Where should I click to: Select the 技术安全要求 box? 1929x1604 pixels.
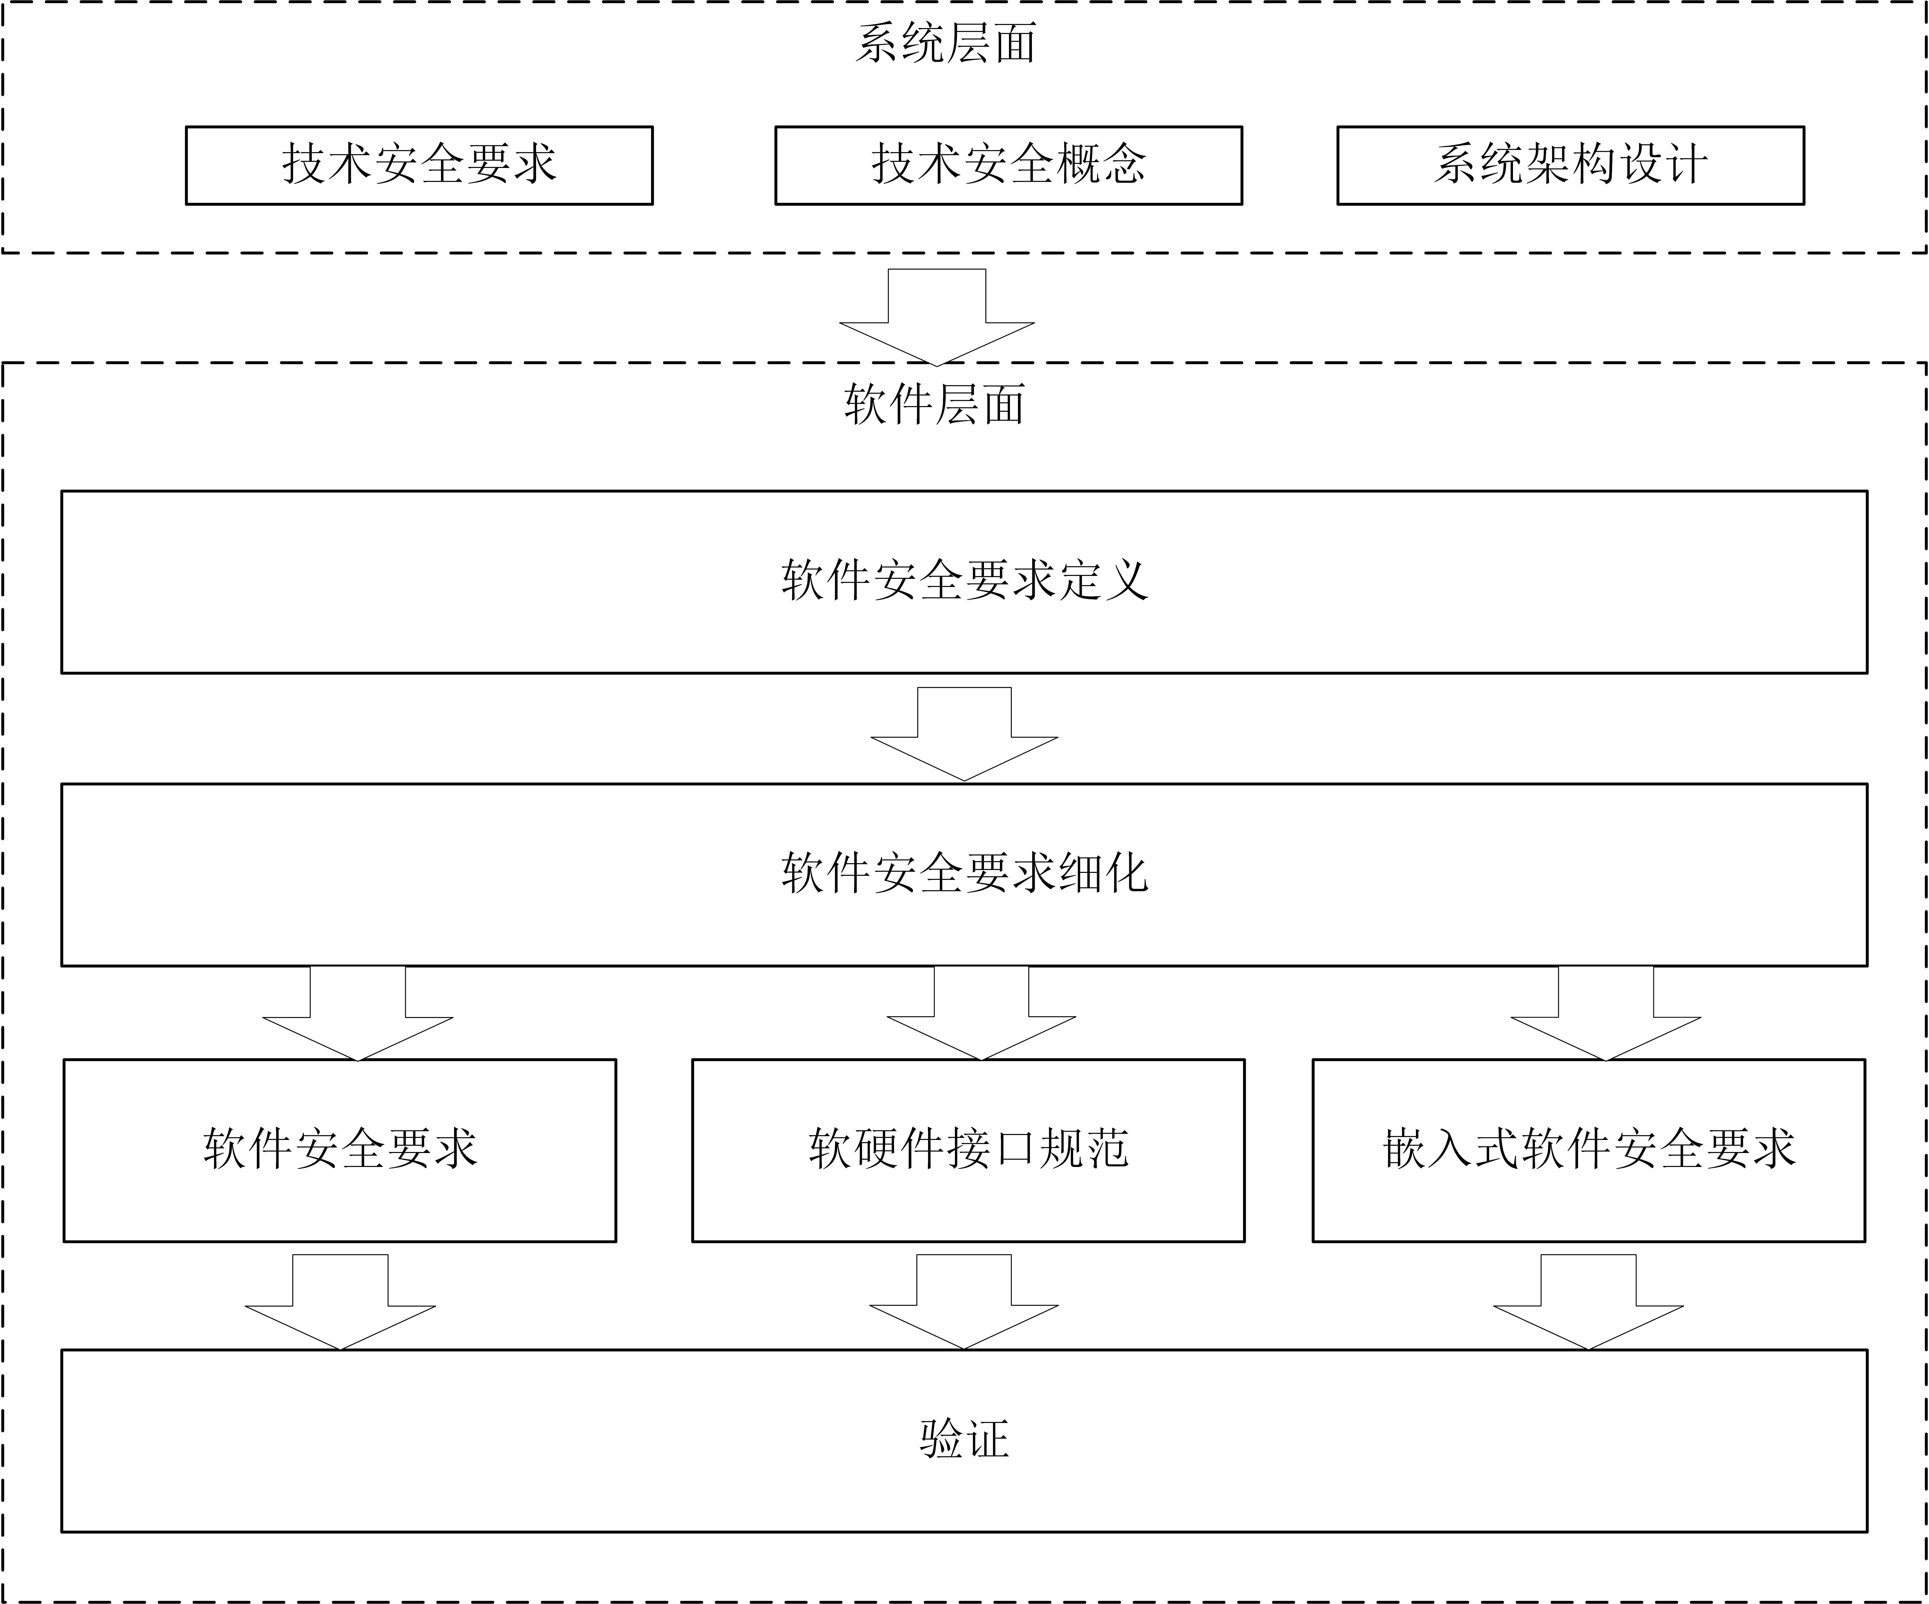[x=419, y=165]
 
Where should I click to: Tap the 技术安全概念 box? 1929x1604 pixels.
[x=1009, y=165]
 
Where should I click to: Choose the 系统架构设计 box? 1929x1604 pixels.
[x=1571, y=165]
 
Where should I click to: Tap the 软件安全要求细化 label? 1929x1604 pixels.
[x=964, y=873]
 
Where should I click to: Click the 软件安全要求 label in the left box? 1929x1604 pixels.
[x=340, y=1148]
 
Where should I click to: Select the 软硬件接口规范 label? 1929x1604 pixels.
[x=968, y=1148]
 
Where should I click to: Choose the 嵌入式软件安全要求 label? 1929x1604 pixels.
[x=1589, y=1148]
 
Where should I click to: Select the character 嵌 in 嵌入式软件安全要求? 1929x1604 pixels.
[x=1405, y=1148]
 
